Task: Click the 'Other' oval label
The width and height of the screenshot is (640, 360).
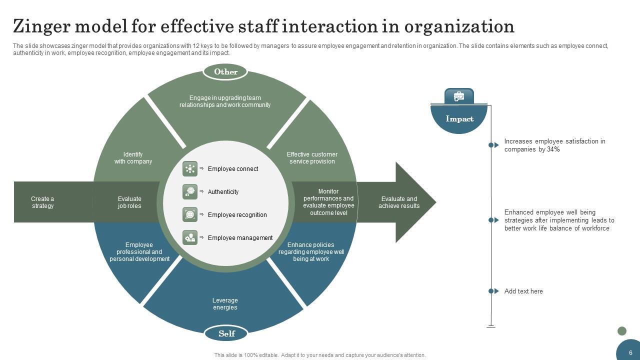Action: pyautogui.click(x=225, y=72)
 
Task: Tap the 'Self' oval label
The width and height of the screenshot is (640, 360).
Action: pyautogui.click(x=226, y=333)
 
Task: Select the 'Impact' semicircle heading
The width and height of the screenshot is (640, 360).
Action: pyautogui.click(x=459, y=119)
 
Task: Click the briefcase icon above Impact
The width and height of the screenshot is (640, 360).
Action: pyautogui.click(x=459, y=96)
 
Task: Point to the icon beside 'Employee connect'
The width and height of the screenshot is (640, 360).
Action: pyautogui.click(x=190, y=169)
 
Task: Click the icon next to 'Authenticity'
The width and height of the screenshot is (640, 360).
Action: pyautogui.click(x=190, y=192)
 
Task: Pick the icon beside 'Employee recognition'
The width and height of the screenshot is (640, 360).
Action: pyautogui.click(x=190, y=215)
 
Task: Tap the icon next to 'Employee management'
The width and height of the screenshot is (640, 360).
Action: pyautogui.click(x=190, y=238)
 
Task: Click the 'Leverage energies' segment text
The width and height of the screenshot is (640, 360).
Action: pyautogui.click(x=225, y=304)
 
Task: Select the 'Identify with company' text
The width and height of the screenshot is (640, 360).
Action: pyautogui.click(x=133, y=158)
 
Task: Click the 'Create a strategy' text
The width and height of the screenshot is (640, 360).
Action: pyautogui.click(x=42, y=202)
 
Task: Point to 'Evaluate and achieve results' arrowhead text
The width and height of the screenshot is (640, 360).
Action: pyautogui.click(x=399, y=202)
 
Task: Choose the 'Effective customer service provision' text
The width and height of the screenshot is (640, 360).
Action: pyautogui.click(x=312, y=158)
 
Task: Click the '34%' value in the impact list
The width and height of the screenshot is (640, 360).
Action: pyautogui.click(x=553, y=149)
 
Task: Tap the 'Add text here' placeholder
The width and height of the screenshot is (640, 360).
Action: pyautogui.click(x=523, y=291)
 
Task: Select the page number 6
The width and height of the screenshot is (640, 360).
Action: pyautogui.click(x=631, y=352)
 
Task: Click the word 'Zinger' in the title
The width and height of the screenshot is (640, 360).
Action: pyautogui.click(x=45, y=26)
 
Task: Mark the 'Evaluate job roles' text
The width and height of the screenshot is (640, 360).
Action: pyautogui.click(x=129, y=202)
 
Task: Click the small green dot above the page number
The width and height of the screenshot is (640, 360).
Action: pyautogui.click(x=622, y=331)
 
